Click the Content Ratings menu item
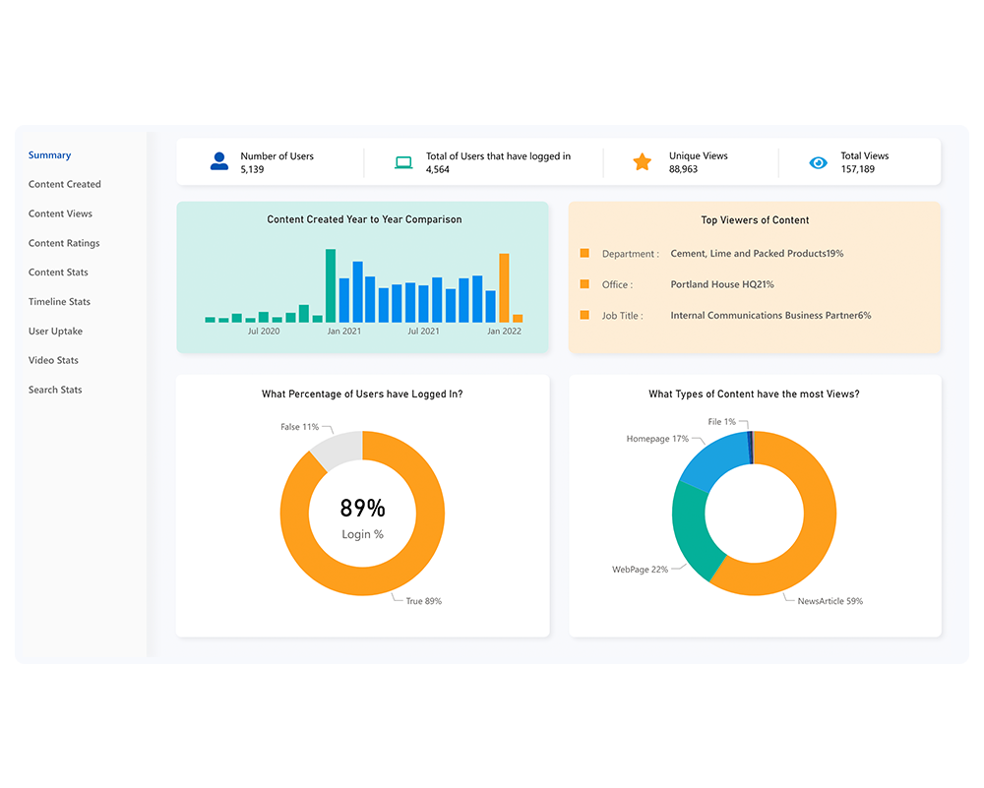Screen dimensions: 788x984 tap(64, 243)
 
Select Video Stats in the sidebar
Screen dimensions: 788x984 tap(53, 360)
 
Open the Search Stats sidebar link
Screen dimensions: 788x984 tap(55, 390)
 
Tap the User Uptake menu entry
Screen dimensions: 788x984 tap(55, 332)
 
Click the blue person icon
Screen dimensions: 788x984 tap(219, 161)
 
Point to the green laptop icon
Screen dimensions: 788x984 tap(403, 162)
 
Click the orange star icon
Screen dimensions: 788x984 tap(642, 162)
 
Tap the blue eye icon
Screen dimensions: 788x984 tap(818, 162)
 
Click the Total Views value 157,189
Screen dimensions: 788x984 tap(857, 169)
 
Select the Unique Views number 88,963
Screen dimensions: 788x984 tap(683, 169)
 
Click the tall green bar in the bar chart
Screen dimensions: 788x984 tap(331, 285)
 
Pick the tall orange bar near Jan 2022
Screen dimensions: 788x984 tap(504, 288)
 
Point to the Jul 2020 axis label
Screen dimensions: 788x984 tap(264, 332)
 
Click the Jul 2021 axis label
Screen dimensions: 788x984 tap(423, 332)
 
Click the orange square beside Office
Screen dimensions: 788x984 tap(584, 284)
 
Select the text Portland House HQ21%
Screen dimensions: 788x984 tap(722, 284)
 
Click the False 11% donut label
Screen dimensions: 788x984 tap(299, 427)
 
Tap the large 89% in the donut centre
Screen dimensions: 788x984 tap(362, 509)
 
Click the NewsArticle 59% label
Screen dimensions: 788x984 tap(830, 600)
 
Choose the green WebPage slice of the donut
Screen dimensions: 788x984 tap(692, 531)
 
